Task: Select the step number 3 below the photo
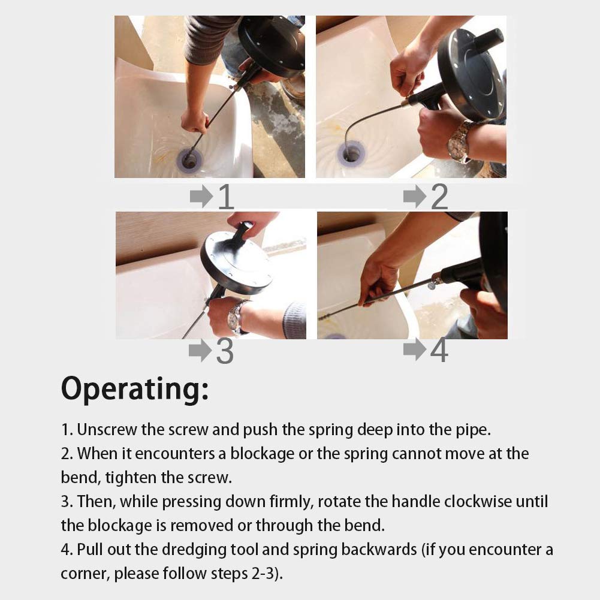click(224, 352)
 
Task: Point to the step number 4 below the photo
click(439, 351)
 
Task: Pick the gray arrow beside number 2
click(414, 196)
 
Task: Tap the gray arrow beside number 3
click(200, 351)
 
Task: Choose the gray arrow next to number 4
click(414, 349)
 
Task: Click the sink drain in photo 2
click(351, 155)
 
